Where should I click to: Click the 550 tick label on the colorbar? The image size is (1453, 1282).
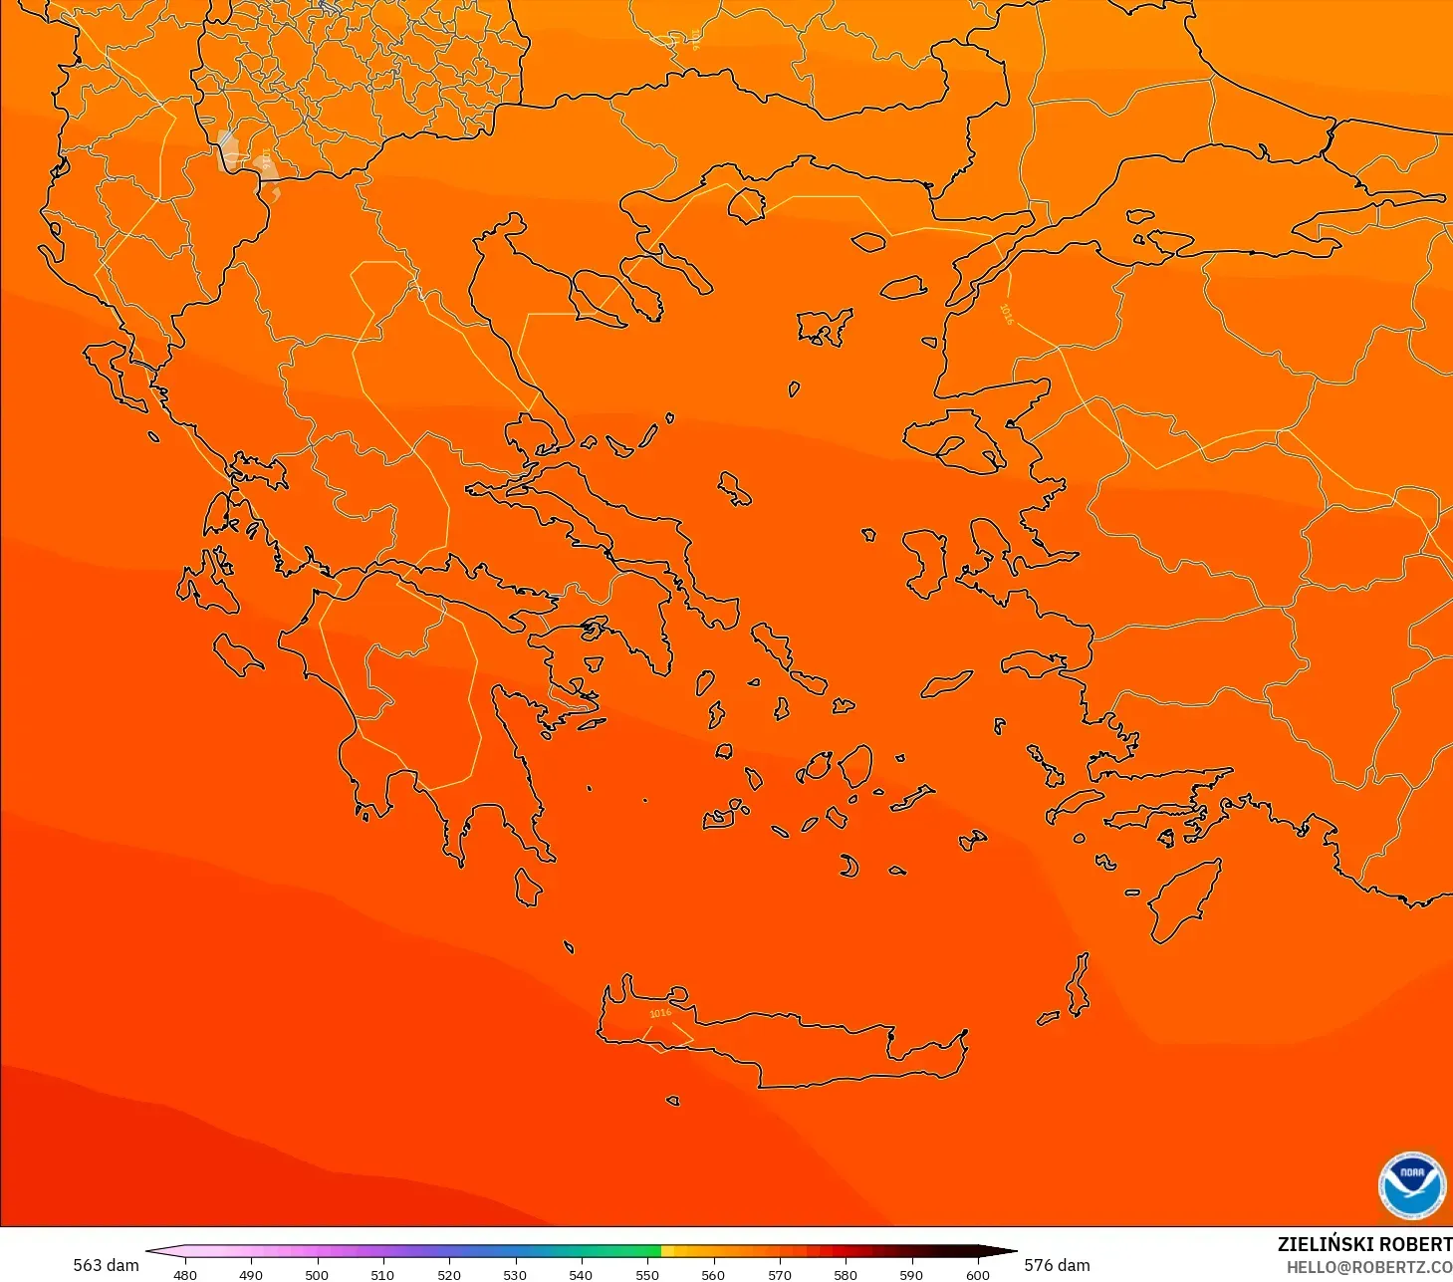tap(647, 1274)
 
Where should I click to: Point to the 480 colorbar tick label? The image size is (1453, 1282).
tap(185, 1274)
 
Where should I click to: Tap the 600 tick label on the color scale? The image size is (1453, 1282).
tap(977, 1274)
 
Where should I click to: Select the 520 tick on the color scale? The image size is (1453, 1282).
tap(449, 1274)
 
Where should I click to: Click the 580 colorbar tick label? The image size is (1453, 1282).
tap(845, 1274)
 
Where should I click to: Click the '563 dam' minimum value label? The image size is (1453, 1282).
tap(106, 1265)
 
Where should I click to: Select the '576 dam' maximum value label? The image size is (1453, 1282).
tap(1057, 1265)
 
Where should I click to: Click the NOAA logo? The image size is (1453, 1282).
tap(1411, 1185)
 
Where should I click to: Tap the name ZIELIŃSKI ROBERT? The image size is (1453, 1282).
tap(1364, 1244)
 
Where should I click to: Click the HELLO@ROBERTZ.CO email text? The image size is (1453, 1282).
tap(1368, 1267)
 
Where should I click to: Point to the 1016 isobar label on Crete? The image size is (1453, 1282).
tap(660, 1013)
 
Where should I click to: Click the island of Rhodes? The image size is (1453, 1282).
tap(1184, 899)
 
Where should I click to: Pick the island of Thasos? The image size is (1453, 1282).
tap(746, 205)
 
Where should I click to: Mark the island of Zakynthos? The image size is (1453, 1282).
tap(239, 656)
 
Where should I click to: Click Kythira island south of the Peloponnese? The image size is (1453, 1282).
tap(529, 887)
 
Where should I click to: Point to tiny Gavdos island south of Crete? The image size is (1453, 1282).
tap(672, 1101)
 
